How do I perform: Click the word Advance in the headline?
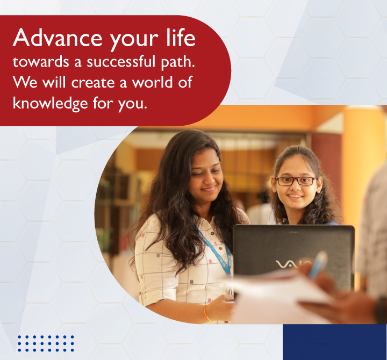58,38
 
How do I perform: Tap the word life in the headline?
181,37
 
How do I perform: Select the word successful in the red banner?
121,61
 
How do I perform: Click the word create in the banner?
93,83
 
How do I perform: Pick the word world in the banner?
152,82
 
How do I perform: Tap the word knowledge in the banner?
51,104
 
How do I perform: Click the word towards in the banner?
41,61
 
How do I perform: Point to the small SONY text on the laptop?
293,233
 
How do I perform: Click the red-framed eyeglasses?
296,181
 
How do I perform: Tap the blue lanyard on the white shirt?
214,250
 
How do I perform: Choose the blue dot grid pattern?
46,343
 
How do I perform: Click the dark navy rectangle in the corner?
335,342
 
